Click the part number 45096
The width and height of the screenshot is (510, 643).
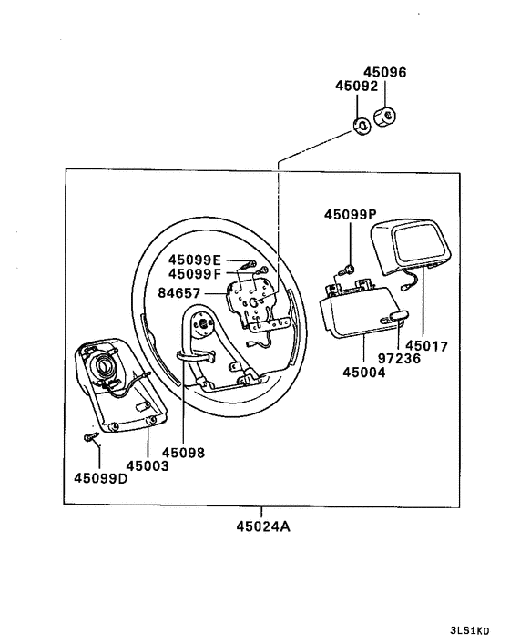(385, 72)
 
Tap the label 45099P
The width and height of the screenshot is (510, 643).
(350, 215)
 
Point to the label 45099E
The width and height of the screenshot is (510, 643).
(194, 259)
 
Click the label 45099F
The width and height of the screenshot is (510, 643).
(194, 273)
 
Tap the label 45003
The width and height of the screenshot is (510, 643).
(148, 465)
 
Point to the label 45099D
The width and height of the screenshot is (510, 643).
(100, 479)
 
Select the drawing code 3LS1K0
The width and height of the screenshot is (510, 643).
(469, 629)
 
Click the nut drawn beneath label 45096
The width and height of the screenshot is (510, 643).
(386, 116)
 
